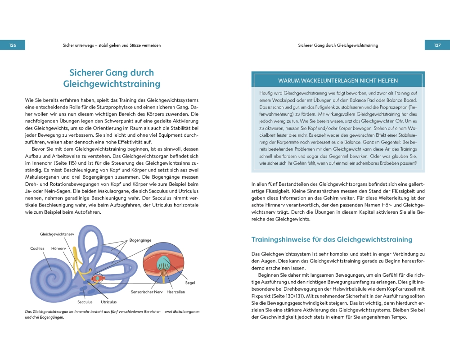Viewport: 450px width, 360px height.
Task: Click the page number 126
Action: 13,45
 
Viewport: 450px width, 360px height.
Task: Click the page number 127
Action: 437,45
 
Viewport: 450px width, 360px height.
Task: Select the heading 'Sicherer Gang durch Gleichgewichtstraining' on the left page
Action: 112,78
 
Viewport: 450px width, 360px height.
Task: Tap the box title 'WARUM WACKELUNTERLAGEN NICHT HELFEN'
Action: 337,81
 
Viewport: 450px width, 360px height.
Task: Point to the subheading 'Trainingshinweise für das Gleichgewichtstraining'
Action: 332,240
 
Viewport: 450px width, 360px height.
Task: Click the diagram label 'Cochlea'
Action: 37,248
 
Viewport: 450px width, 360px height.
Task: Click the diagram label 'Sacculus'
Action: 85,302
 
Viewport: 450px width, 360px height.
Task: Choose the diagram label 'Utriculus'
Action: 109,302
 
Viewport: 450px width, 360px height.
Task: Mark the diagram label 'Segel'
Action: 189,283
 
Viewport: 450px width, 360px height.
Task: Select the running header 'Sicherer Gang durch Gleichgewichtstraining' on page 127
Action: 338,45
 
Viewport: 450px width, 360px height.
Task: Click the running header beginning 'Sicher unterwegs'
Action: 112,45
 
